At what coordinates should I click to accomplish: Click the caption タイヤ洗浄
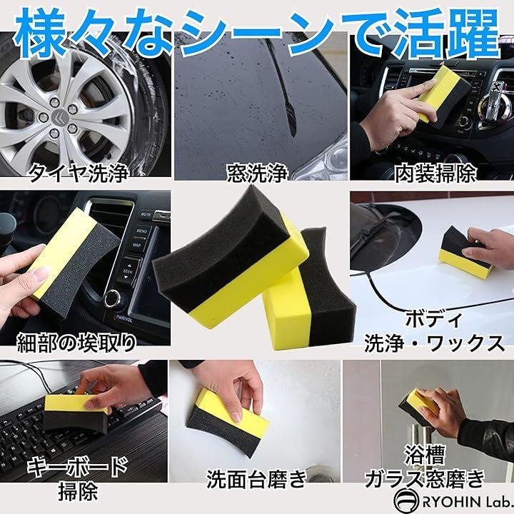[x=79, y=173]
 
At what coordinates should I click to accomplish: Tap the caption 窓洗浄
[x=257, y=173]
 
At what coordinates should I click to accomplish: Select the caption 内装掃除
[x=435, y=173]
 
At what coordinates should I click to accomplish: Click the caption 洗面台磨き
[x=256, y=479]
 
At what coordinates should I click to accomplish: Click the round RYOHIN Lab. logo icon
[x=406, y=500]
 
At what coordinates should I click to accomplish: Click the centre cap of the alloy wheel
[x=59, y=117]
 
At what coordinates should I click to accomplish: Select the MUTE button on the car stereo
[x=146, y=215]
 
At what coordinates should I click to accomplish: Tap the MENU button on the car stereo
[x=141, y=231]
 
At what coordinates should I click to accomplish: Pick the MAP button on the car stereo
[x=137, y=245]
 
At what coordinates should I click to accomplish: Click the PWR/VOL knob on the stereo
[x=113, y=298]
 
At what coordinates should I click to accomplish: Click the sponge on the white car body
[x=465, y=253]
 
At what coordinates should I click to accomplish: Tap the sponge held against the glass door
[x=417, y=405]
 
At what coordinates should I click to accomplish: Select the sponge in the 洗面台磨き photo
[x=228, y=422]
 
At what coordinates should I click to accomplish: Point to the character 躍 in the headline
[x=471, y=33]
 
